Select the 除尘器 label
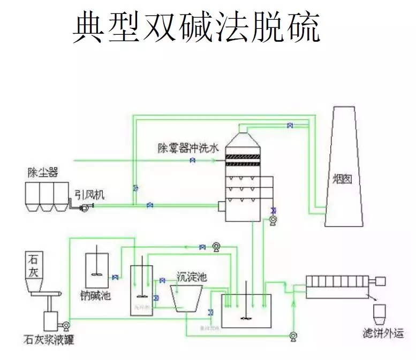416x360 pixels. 43,172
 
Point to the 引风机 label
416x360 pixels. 89,196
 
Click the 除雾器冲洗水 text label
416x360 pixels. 188,148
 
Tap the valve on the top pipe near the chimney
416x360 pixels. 290,126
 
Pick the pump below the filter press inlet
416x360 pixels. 293,335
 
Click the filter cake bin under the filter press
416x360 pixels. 380,312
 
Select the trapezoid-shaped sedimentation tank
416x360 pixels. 187,297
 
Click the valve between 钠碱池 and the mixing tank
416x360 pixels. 115,277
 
